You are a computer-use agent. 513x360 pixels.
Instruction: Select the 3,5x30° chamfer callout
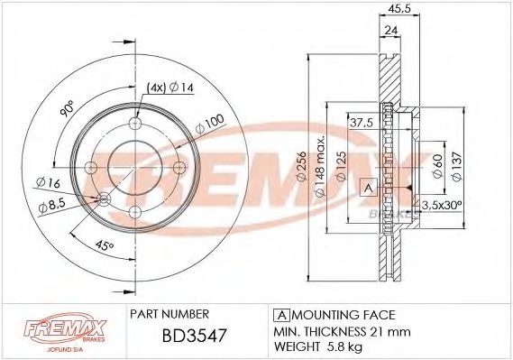(x=441, y=205)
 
